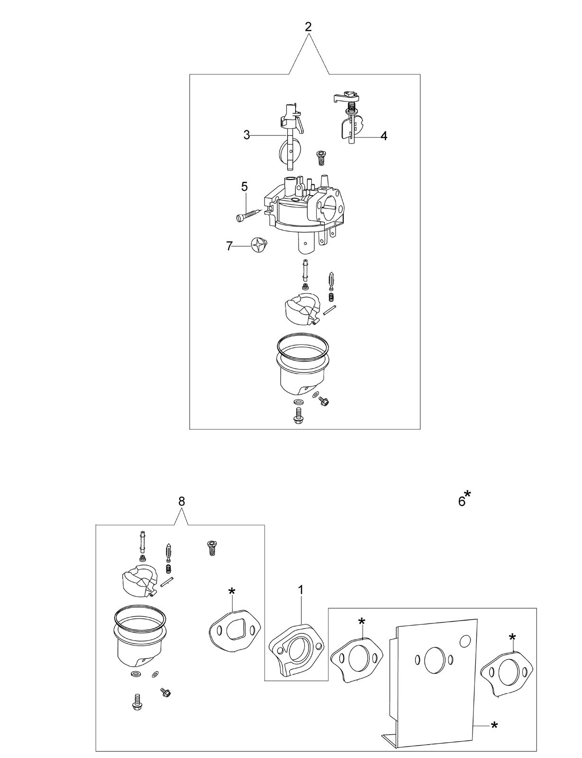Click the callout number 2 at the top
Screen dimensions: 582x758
[x=308, y=27]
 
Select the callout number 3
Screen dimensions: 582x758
[x=247, y=135]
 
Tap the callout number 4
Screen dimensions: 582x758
[x=384, y=136]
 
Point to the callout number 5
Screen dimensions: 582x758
[x=244, y=187]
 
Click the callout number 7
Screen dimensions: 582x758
[x=229, y=246]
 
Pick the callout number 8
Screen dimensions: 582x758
[x=182, y=502]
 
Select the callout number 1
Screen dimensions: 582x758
[x=301, y=590]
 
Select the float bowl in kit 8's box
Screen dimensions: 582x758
[x=139, y=645]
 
